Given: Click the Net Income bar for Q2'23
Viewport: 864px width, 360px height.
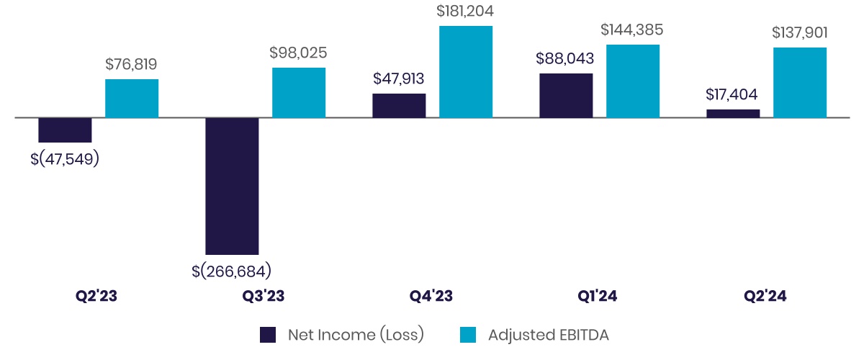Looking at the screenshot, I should click(x=65, y=130).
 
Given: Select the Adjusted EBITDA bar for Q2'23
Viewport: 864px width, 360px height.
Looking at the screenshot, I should click(x=132, y=99).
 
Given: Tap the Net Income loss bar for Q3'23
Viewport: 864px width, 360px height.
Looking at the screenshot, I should click(x=232, y=186).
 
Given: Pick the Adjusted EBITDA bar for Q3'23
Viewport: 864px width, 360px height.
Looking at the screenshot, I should click(x=299, y=93).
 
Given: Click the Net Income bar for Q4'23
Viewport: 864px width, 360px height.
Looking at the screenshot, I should click(x=399, y=106).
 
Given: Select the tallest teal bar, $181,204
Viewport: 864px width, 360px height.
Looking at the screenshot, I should click(x=466, y=72).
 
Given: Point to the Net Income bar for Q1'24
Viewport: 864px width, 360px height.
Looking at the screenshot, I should click(x=566, y=96).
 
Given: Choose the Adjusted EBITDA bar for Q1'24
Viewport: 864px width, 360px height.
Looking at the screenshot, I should click(x=633, y=81).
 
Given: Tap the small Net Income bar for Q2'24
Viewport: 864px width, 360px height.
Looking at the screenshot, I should click(x=733, y=114).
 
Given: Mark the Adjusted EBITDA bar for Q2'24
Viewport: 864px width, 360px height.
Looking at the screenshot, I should click(x=800, y=83).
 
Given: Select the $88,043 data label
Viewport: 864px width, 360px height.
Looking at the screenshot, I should click(x=565, y=59).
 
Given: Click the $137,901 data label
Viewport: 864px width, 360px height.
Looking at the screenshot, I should click(x=799, y=33).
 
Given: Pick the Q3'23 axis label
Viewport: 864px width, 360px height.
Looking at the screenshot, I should click(x=264, y=296).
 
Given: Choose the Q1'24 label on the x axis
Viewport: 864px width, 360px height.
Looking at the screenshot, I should click(x=598, y=296).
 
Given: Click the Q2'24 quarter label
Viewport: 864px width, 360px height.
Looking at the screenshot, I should click(x=765, y=296).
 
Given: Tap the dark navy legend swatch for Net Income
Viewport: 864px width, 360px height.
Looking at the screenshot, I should click(x=268, y=335).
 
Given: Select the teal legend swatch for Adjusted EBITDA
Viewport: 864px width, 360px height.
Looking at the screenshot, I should click(x=468, y=335).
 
